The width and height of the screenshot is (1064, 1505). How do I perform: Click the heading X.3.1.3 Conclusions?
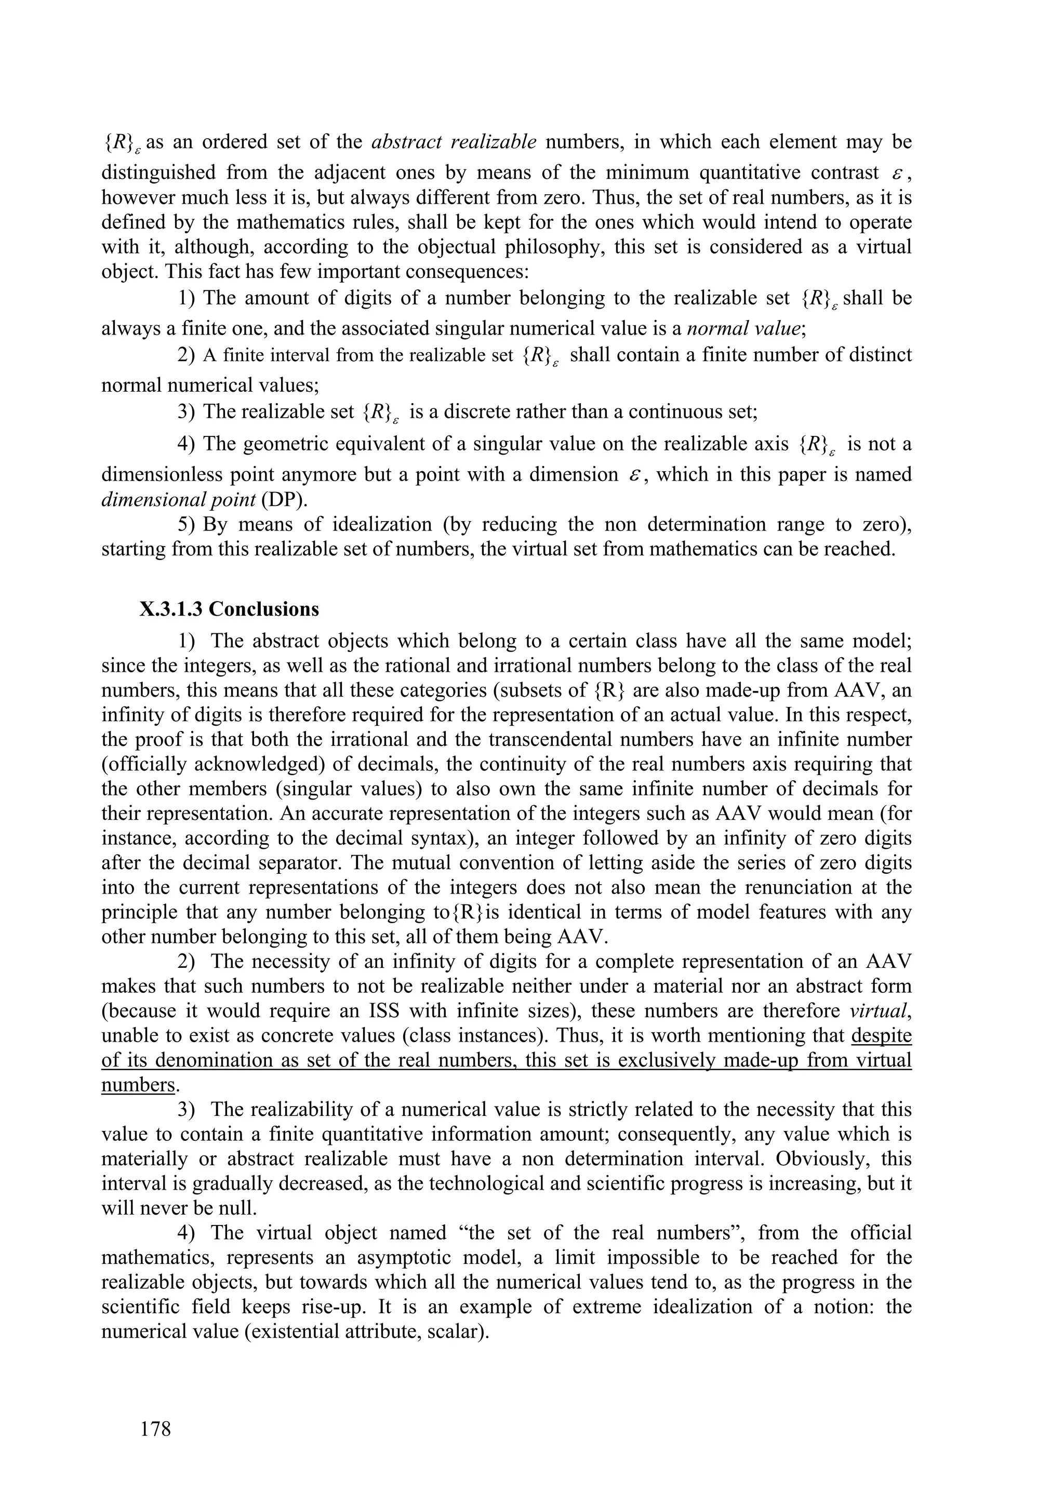coord(229,609)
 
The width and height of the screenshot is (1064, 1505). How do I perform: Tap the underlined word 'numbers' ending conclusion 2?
coord(138,1085)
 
